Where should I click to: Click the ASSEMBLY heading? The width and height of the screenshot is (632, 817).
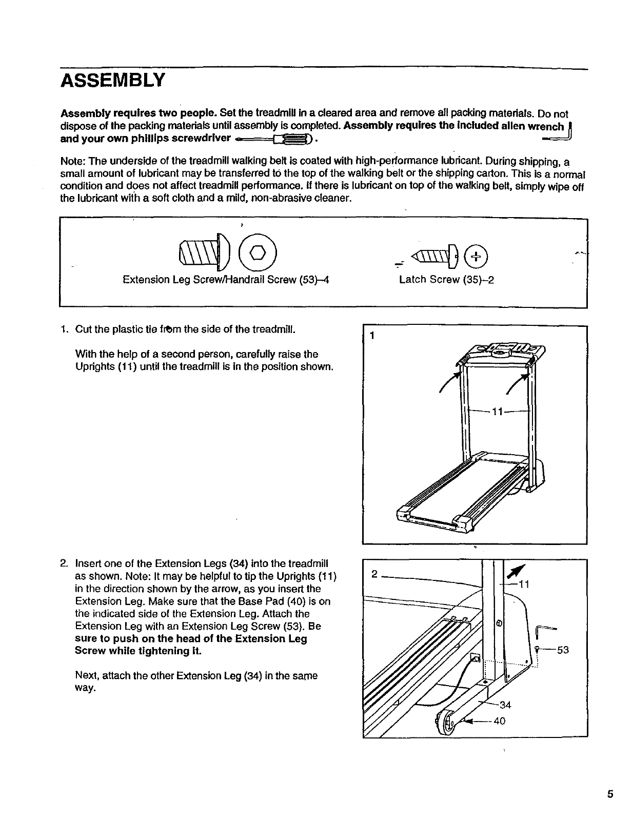pos(113,80)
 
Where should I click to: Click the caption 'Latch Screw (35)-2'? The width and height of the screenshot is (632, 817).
pos(446,280)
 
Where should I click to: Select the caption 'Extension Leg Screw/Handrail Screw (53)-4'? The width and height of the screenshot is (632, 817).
pos(226,280)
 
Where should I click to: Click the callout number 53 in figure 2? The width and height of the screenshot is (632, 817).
pos(563,650)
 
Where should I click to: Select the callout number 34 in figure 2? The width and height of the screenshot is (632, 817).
pos(505,705)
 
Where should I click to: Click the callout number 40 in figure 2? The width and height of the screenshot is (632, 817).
pos(499,721)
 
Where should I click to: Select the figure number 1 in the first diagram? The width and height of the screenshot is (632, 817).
pos(373,336)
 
